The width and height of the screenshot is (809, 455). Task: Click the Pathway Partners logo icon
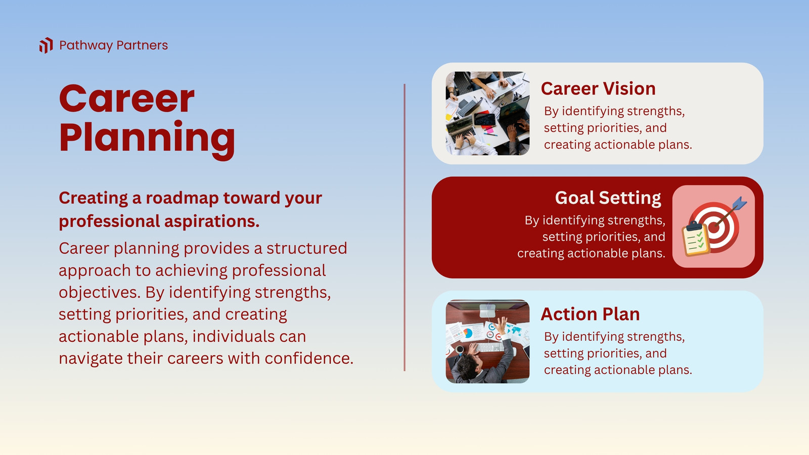coord(46,45)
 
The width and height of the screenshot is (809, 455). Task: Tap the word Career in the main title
coord(127,99)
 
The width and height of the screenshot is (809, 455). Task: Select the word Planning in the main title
coord(147,139)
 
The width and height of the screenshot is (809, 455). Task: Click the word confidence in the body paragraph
coord(309,358)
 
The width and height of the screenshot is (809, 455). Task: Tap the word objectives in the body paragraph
coord(99,293)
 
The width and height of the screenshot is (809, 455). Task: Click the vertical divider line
coord(404,227)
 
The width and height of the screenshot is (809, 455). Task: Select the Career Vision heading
coord(598,88)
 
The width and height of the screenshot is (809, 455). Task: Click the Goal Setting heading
coord(608,198)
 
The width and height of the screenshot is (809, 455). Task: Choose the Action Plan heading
coord(590,314)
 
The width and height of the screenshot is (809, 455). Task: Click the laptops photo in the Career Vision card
coord(487,113)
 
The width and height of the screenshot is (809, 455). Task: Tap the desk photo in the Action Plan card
coord(487,341)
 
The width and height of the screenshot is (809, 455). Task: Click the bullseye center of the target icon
coord(713,227)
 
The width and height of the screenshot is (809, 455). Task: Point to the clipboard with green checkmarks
coord(695,239)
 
